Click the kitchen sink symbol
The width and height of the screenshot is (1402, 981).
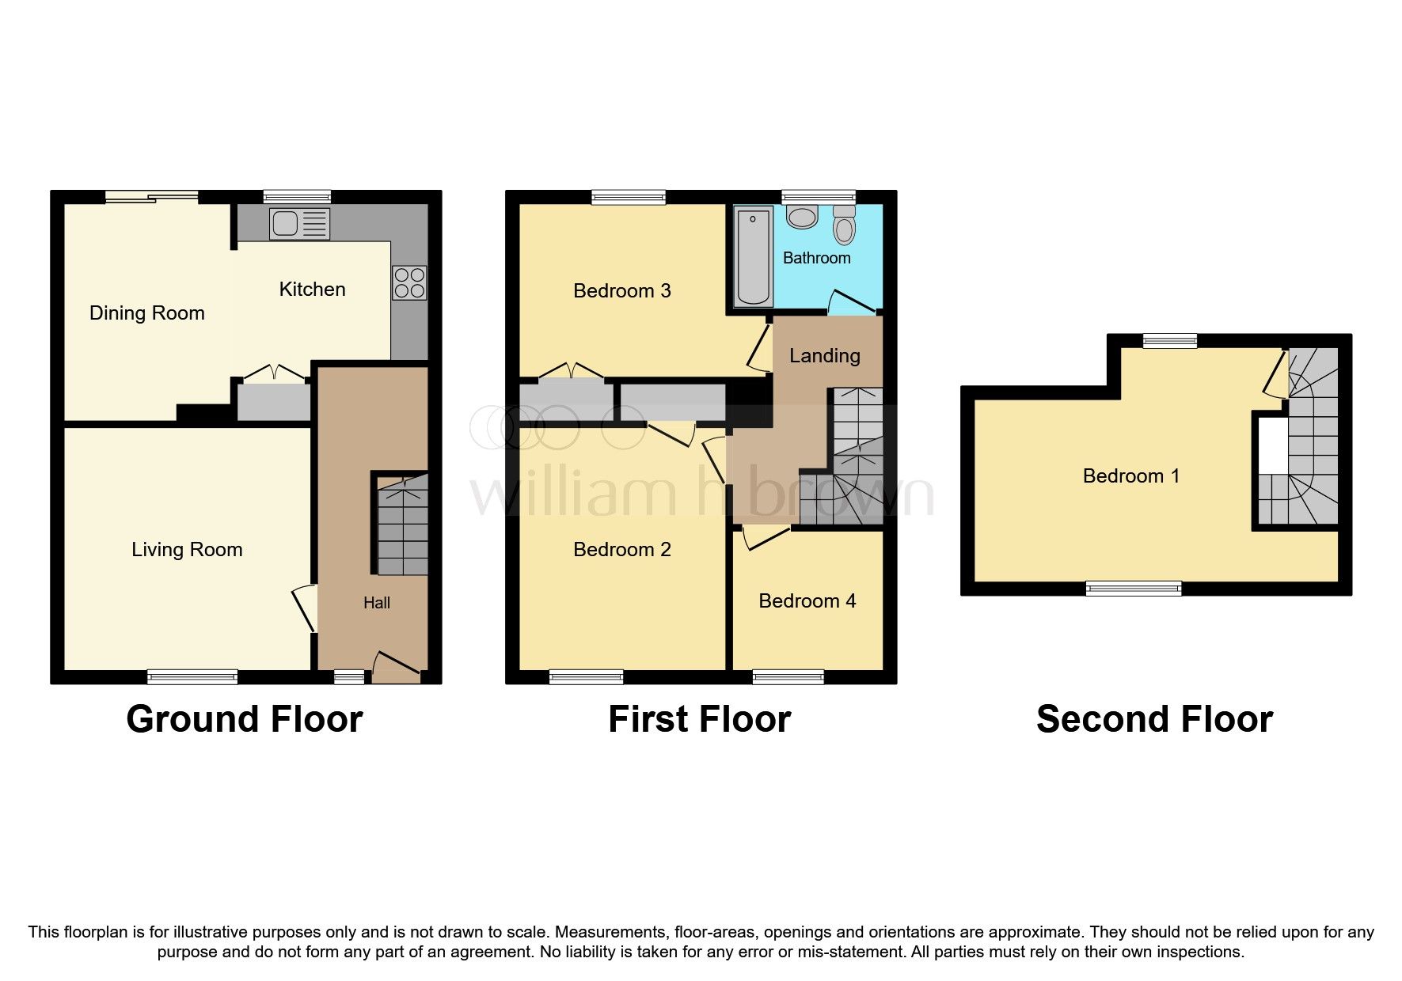298,224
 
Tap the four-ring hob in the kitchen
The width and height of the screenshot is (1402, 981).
408,282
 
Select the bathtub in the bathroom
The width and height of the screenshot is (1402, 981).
754,256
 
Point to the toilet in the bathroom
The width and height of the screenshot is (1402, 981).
845,225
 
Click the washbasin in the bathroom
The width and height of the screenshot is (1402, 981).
802,217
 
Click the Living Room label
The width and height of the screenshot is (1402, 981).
187,550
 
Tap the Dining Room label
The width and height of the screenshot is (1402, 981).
146,313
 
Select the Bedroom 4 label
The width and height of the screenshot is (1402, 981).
807,601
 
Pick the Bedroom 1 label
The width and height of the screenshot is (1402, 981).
1130,476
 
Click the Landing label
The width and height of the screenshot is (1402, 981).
824,356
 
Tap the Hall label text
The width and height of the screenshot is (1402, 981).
376,604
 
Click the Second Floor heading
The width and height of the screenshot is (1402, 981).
1153,719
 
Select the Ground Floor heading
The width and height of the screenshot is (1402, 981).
244,719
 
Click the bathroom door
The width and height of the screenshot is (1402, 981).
852,303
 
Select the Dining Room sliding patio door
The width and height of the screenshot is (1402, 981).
152,197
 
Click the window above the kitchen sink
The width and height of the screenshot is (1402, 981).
297,196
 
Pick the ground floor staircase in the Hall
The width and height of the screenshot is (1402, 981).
402,525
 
